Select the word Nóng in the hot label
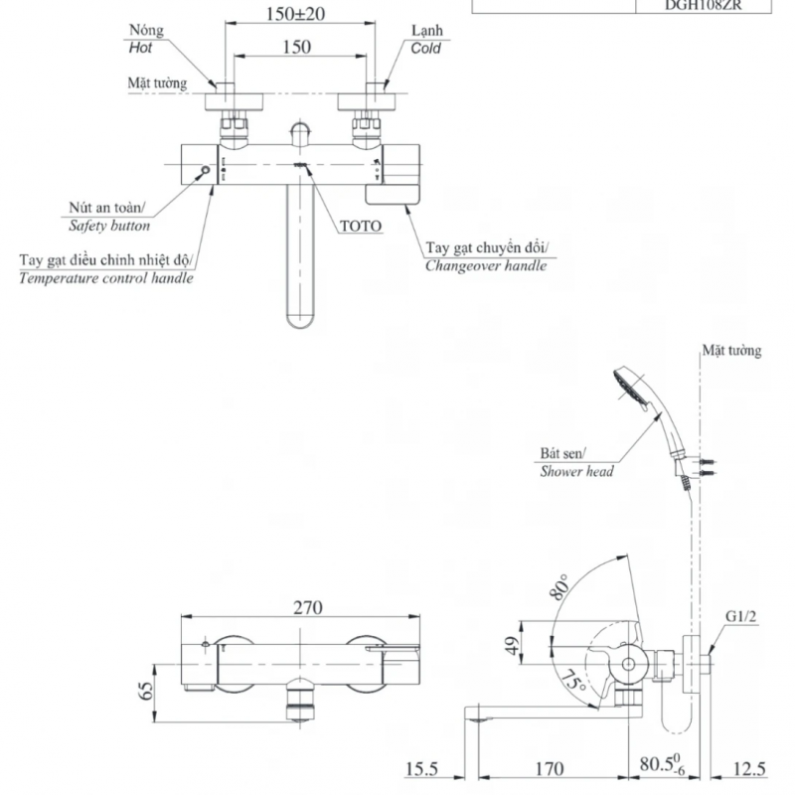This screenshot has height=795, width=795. pyautogui.click(x=144, y=32)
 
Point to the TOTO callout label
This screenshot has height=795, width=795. pyautogui.click(x=360, y=226)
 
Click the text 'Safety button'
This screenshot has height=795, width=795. pyautogui.click(x=110, y=226)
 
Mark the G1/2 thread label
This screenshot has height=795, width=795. pyautogui.click(x=741, y=616)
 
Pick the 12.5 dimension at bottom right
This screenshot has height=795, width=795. pyautogui.click(x=752, y=769)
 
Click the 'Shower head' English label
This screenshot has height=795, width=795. pyautogui.click(x=576, y=472)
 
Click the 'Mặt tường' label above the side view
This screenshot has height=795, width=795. pyautogui.click(x=731, y=351)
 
